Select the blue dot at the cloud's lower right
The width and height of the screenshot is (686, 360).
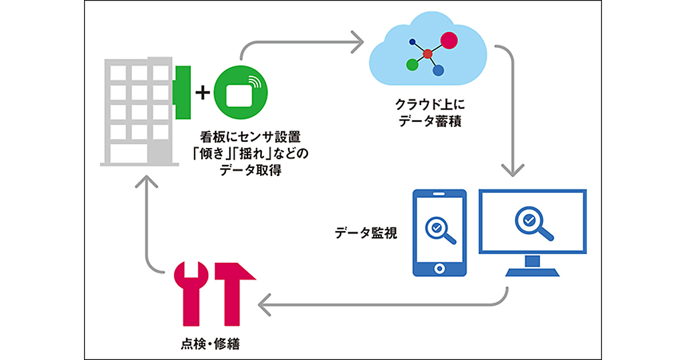[x=438, y=70]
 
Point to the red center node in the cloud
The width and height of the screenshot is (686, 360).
[x=428, y=54]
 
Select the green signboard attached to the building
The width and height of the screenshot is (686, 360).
[x=182, y=93]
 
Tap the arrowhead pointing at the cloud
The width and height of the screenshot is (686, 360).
[x=357, y=41]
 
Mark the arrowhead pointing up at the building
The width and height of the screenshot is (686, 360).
[x=147, y=181]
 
